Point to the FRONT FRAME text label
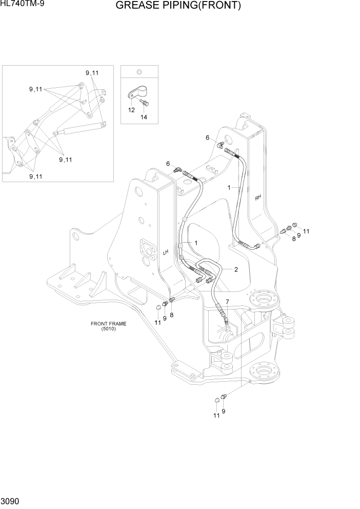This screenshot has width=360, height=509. [x=108, y=324]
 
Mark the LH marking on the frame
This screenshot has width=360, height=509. [x=166, y=252]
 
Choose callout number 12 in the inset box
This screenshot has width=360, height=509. [x=131, y=110]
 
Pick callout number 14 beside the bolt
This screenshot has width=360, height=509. [x=144, y=117]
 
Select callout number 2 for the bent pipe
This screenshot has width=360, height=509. [x=236, y=269]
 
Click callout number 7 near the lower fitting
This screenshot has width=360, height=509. [x=227, y=301]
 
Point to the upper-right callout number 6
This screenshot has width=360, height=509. [x=208, y=138]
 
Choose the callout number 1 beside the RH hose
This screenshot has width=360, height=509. [x=229, y=188]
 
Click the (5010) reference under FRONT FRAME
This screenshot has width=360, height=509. [x=108, y=329]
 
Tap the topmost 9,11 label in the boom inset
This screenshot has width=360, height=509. [x=92, y=73]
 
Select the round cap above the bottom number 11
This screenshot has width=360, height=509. [x=217, y=400]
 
